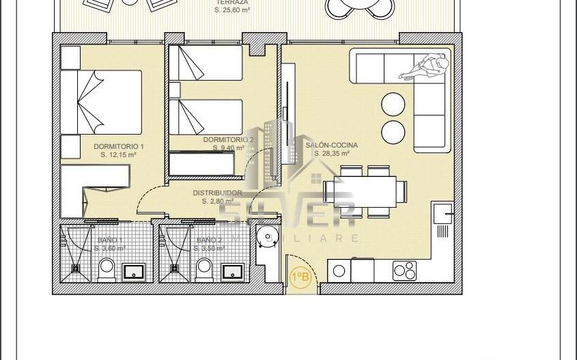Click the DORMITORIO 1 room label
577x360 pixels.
tap(119, 147)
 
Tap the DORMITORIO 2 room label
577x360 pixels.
tap(228, 139)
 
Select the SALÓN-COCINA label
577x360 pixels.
tap(332, 146)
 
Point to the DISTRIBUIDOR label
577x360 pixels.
tap(217, 193)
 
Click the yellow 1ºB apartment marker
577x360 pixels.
tap(300, 277)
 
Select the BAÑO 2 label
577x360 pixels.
tap(209, 240)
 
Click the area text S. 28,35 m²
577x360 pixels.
tap(332, 154)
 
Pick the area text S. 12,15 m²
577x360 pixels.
tap(118, 155)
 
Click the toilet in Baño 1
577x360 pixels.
tap(107, 270)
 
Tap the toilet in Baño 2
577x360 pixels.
tap(204, 270)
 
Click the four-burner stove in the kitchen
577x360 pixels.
tap(405, 271)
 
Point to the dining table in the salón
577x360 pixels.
tap(360, 191)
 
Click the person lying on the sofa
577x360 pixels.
tap(426, 68)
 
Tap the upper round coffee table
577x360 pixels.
tap(393, 105)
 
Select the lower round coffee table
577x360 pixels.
tap(393, 130)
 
